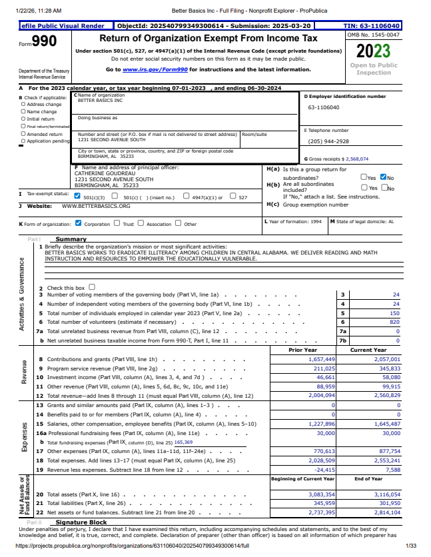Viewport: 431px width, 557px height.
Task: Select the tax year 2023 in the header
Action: tap(373, 51)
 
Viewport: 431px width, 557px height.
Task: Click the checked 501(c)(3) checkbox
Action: tap(77, 197)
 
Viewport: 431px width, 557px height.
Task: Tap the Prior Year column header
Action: tap(302, 350)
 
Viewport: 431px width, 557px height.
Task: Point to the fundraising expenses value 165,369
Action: tap(183, 442)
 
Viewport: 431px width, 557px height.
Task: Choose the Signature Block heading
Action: tap(81, 523)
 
